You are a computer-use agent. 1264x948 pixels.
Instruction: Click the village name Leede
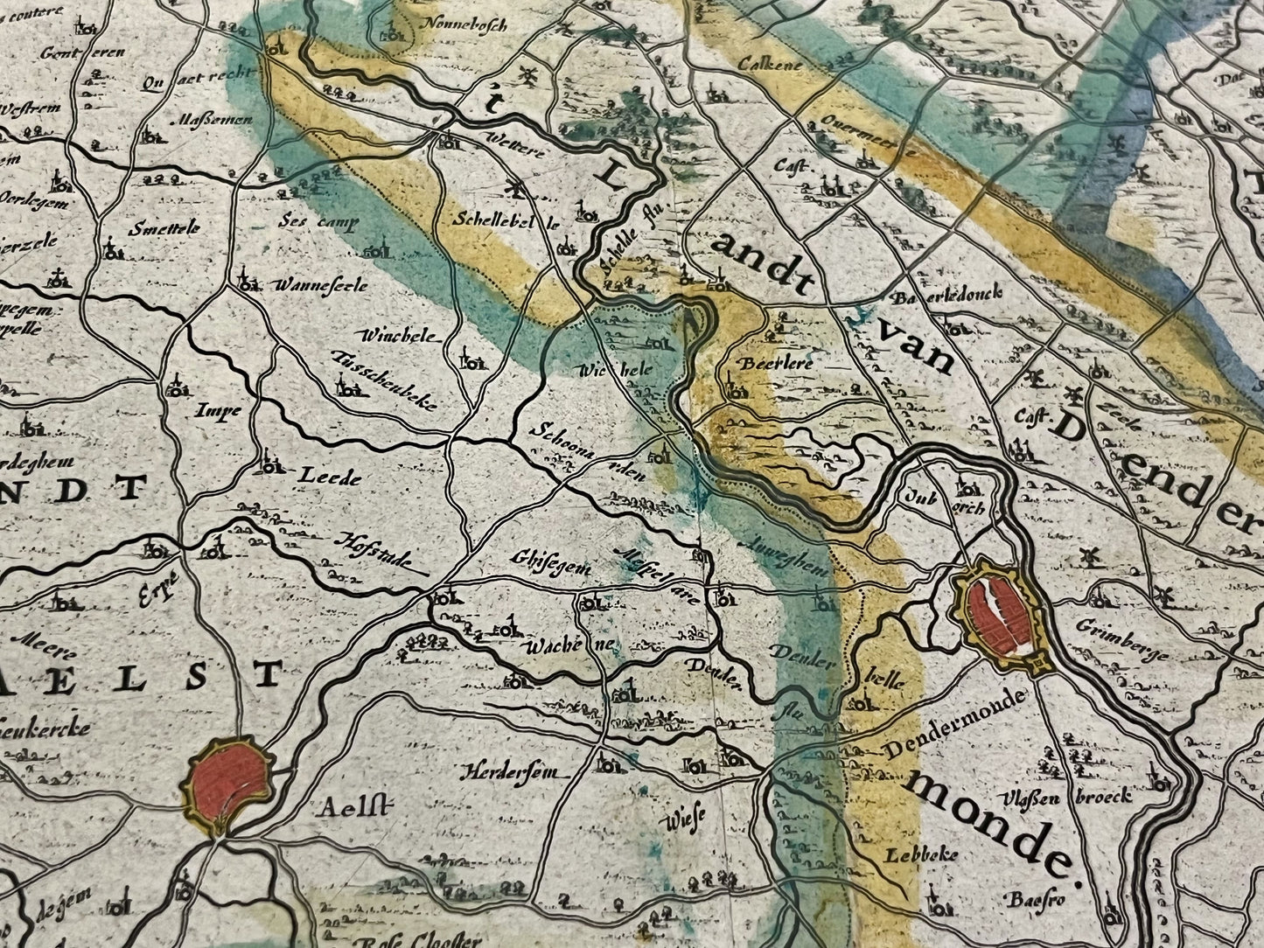tap(330, 477)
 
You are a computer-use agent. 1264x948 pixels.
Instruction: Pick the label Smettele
tap(164, 229)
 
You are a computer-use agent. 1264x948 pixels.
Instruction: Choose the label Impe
tap(218, 410)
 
